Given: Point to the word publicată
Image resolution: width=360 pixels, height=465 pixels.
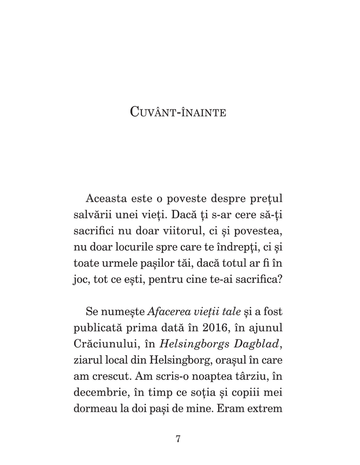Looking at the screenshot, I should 94,328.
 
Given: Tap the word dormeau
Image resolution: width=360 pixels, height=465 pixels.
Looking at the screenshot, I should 94,410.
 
